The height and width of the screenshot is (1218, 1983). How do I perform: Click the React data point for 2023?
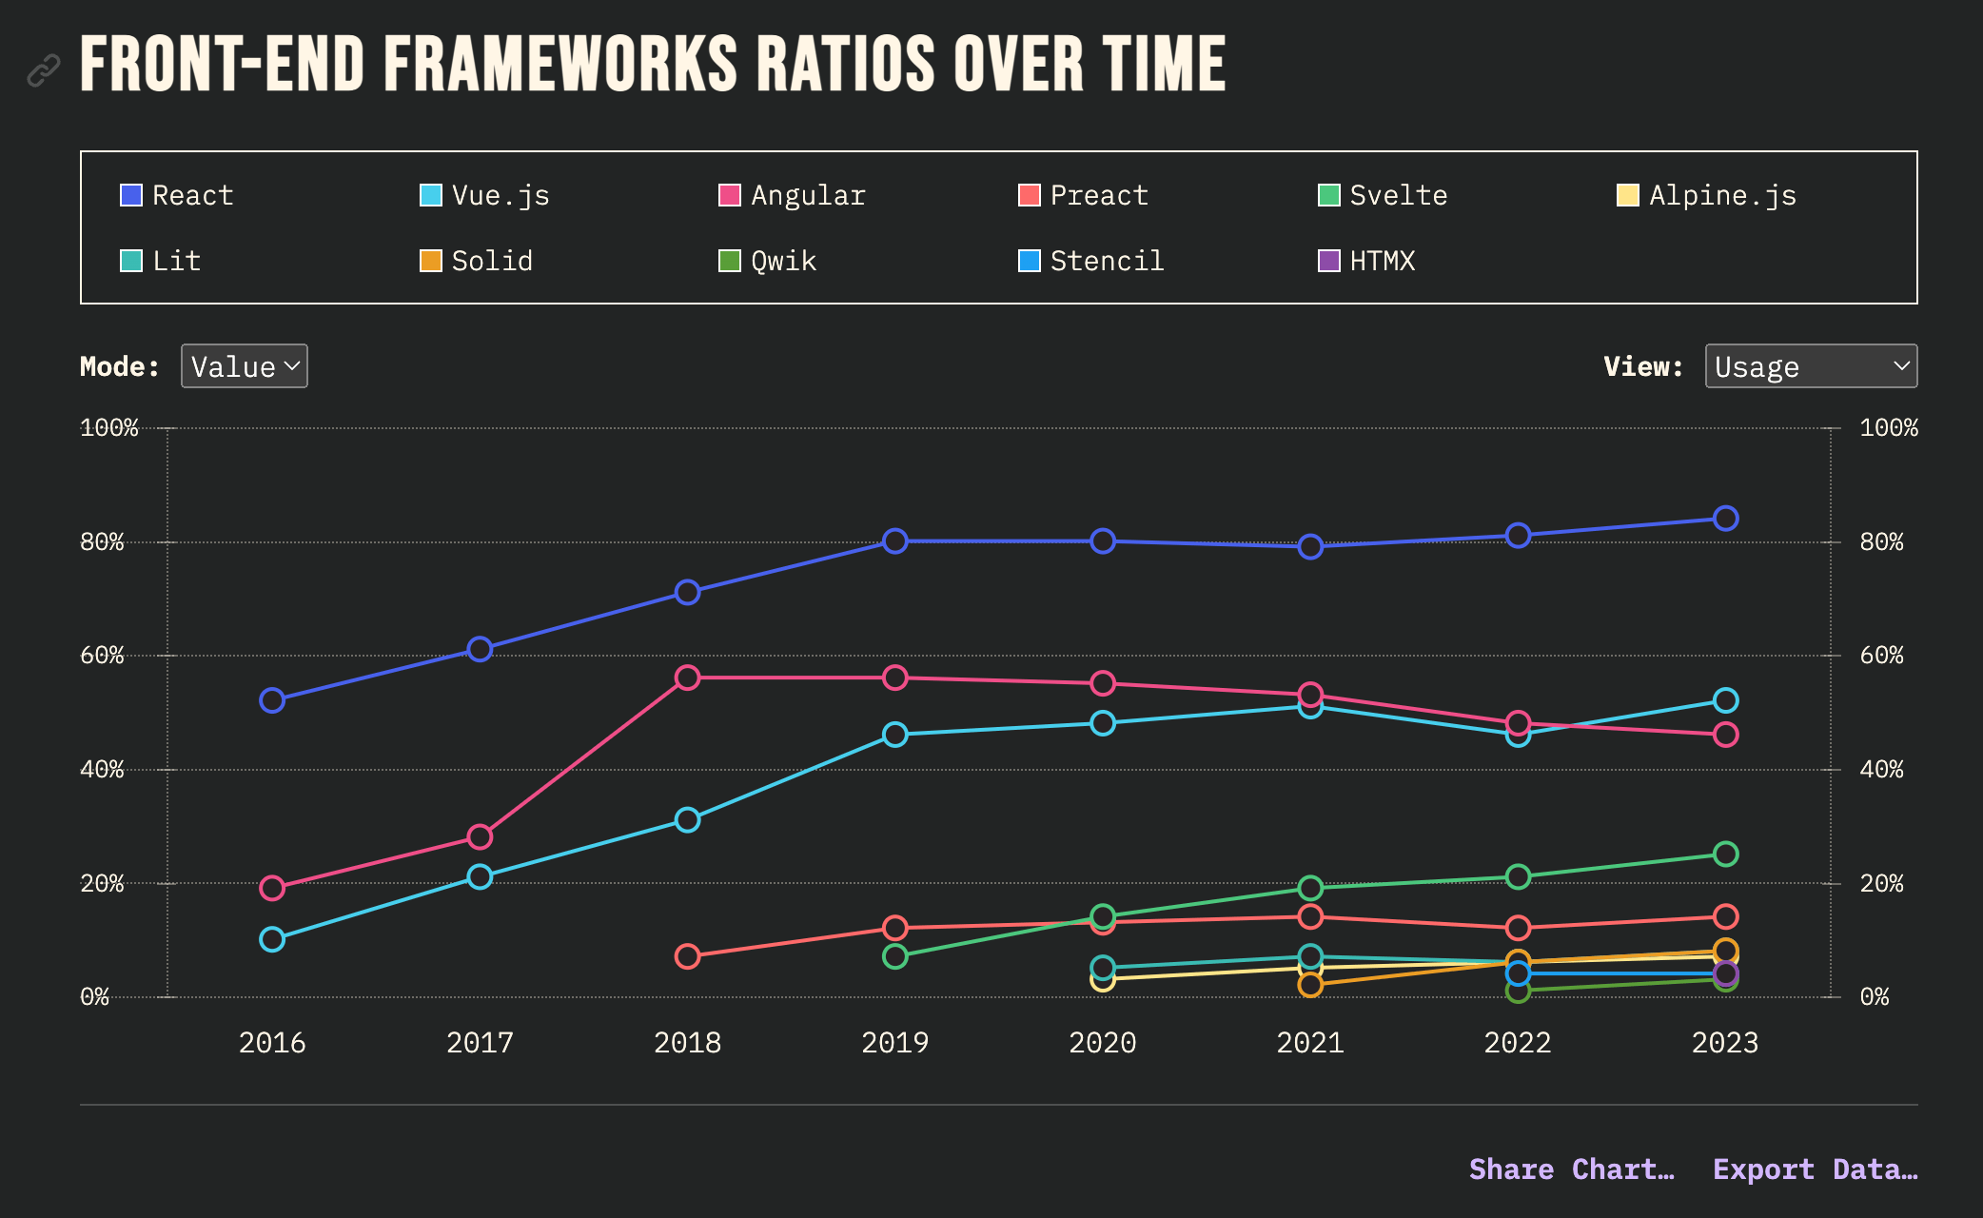pos(1725,519)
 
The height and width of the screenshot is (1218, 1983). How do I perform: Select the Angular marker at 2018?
pos(687,678)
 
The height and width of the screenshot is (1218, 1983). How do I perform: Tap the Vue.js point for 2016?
pos(272,939)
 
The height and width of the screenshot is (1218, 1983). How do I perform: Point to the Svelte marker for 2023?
pos(1725,854)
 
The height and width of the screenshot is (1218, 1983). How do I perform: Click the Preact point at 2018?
pos(687,956)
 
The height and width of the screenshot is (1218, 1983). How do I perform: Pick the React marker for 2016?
pos(272,700)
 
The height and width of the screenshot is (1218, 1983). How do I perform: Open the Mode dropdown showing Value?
pos(245,366)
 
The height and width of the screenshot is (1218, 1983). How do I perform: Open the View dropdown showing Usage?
pos(1810,366)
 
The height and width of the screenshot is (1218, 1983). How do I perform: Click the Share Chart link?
pos(1571,1169)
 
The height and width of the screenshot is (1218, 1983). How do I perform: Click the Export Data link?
pos(1815,1169)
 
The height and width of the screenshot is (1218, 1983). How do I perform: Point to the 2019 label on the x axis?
pos(894,1043)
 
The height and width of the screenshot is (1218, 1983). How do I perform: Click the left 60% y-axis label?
pos(102,655)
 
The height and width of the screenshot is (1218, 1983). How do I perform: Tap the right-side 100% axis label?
pos(1888,427)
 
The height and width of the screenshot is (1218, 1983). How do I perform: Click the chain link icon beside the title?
pos(44,69)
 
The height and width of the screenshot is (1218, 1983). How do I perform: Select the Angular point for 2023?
pos(1725,735)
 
